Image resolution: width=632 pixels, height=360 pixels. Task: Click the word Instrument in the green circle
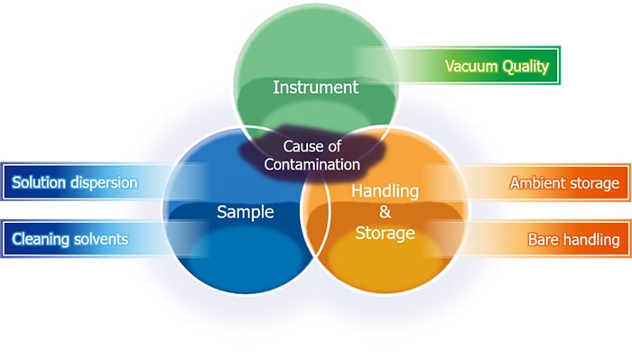tap(315, 88)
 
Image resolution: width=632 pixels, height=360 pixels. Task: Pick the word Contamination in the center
tap(312, 165)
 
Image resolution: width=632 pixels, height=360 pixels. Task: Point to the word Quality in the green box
tap(525, 67)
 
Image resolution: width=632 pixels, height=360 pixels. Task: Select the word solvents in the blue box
tap(99, 239)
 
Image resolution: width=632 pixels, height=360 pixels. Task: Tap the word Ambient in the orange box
tap(539, 183)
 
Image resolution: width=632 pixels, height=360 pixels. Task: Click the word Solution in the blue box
tap(37, 182)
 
